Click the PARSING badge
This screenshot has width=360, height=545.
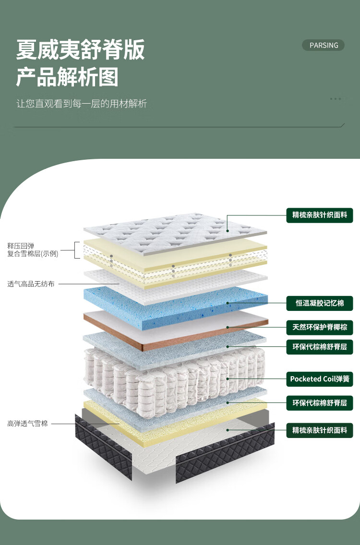pyautogui.click(x=324, y=45)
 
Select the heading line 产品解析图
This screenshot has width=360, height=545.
pyautogui.click(x=67, y=77)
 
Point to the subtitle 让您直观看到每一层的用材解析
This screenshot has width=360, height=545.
pyautogui.click(x=82, y=104)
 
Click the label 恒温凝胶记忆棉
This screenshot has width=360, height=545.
pyautogui.click(x=320, y=303)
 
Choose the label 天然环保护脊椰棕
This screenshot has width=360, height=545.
pyautogui.click(x=320, y=328)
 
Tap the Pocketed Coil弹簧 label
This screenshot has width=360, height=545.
pyautogui.click(x=320, y=379)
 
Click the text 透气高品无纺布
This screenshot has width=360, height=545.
pyautogui.click(x=31, y=284)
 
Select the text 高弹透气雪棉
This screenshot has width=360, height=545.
pyautogui.click(x=27, y=424)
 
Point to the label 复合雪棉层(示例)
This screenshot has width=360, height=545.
pyautogui.click(x=33, y=254)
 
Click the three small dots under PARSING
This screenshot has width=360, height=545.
pyautogui.click(x=336, y=99)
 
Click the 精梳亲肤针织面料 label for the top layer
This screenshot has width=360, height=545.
pyautogui.click(x=320, y=214)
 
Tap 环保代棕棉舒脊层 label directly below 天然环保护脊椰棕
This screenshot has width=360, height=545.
pyautogui.click(x=320, y=346)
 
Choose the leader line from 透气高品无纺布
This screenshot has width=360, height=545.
pyautogui.click(x=89, y=284)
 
